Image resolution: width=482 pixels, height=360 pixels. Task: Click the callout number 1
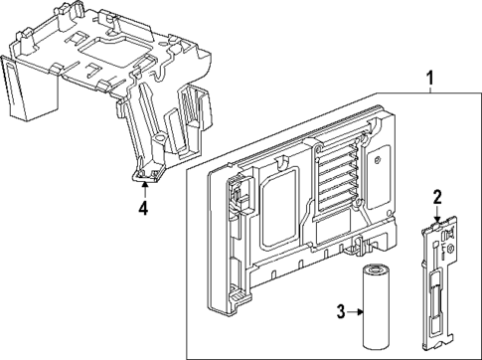pyautogui.click(x=429, y=78)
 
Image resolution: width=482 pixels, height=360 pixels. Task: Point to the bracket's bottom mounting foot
pyautogui.click(x=146, y=177)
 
